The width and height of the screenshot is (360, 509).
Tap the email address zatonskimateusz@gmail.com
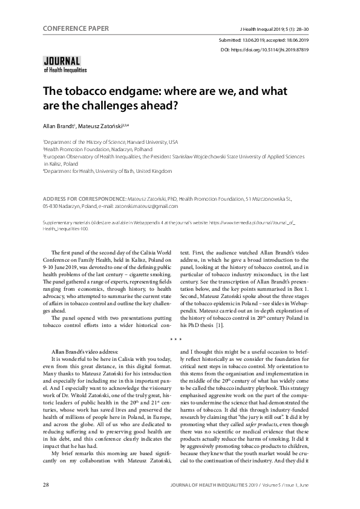(134, 206)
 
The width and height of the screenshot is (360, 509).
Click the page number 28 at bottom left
(46, 484)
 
